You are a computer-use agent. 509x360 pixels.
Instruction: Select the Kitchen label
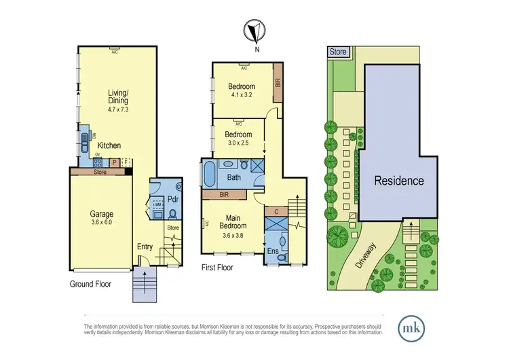point(110,145)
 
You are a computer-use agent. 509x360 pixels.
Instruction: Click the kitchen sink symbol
point(83,145)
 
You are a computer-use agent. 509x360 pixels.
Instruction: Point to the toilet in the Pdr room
point(172,213)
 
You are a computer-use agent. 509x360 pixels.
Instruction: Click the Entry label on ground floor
point(145,247)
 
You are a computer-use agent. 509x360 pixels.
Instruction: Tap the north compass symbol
point(256,31)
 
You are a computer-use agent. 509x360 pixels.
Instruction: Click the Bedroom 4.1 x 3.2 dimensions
point(241,95)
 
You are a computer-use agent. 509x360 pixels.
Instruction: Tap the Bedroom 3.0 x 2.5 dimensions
point(238,143)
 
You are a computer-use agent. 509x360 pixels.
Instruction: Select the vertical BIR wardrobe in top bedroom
point(278,83)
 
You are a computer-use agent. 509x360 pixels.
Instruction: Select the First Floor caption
point(217,268)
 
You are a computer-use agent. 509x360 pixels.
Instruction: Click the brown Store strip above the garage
point(100,172)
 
